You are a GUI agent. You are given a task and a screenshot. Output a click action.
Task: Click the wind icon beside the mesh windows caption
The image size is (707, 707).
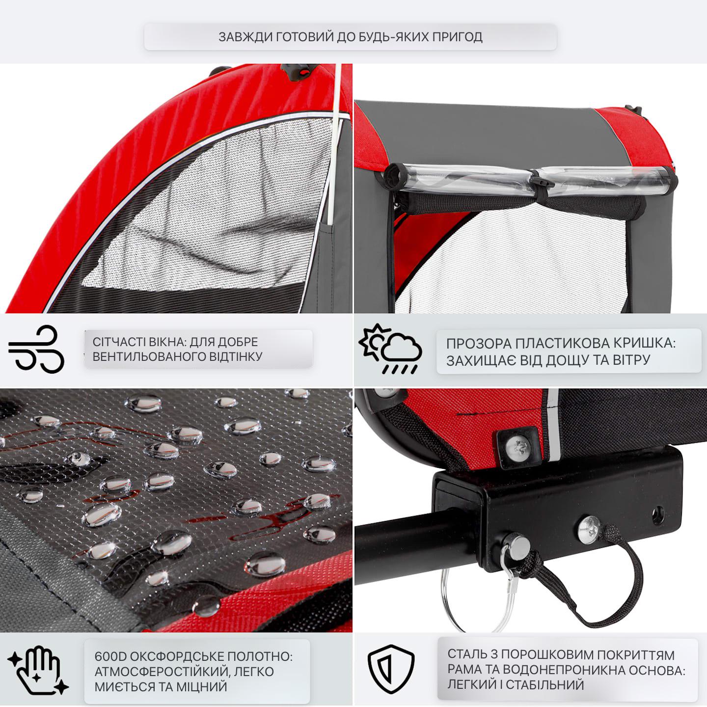pyautogui.click(x=36, y=349)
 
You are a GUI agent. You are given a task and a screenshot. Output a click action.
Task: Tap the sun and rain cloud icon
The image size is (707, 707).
pyautogui.click(x=390, y=349)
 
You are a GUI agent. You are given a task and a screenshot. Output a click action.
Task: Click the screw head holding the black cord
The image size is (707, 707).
pyautogui.click(x=589, y=529)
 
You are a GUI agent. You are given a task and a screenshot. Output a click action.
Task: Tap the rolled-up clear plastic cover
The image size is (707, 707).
pyautogui.click(x=530, y=181)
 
